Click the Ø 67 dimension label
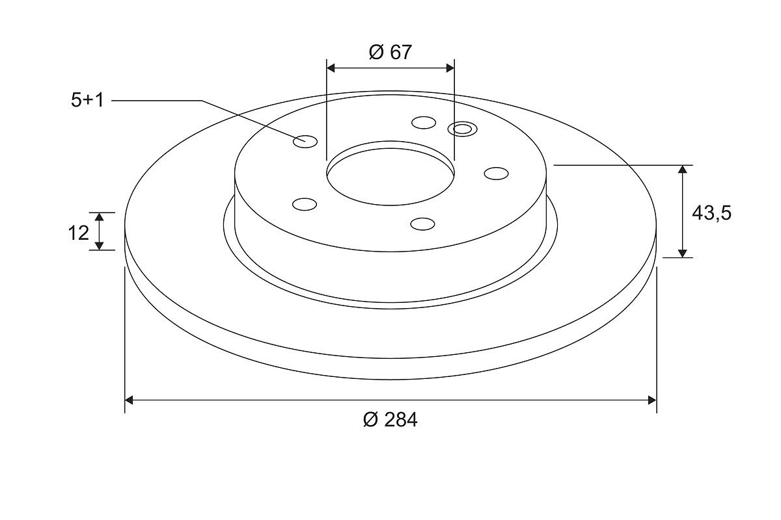(x=390, y=52)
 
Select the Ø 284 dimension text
(x=390, y=420)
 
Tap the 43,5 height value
(x=711, y=213)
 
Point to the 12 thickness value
(x=79, y=233)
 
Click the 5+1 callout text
(x=87, y=100)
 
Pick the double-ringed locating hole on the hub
(x=463, y=129)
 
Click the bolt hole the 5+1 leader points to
(x=305, y=142)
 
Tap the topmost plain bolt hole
(x=424, y=123)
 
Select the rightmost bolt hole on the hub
(x=496, y=174)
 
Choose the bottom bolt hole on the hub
(x=422, y=224)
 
